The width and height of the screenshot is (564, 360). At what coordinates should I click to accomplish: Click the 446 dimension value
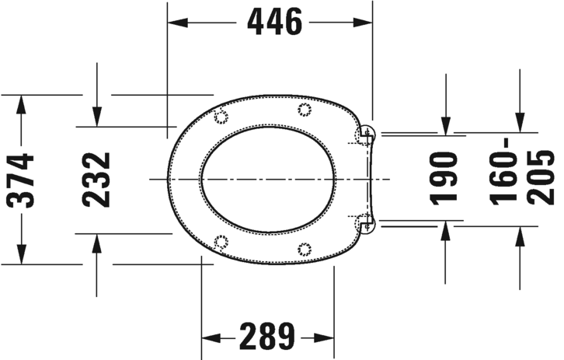point(274,23)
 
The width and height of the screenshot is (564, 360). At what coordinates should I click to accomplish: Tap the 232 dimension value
point(97,180)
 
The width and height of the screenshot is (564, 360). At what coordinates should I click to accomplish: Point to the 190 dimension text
point(445,177)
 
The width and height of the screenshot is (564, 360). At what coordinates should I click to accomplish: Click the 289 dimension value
point(267,338)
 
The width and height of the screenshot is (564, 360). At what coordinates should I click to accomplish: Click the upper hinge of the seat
point(365,136)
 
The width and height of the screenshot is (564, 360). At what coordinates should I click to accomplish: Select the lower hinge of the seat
point(365,225)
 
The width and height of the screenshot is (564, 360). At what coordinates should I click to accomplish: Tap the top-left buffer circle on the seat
point(220,117)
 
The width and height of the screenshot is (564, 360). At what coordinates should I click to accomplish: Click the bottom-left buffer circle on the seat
point(221,242)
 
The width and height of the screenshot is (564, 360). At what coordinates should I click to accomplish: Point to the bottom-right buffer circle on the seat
point(304,250)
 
